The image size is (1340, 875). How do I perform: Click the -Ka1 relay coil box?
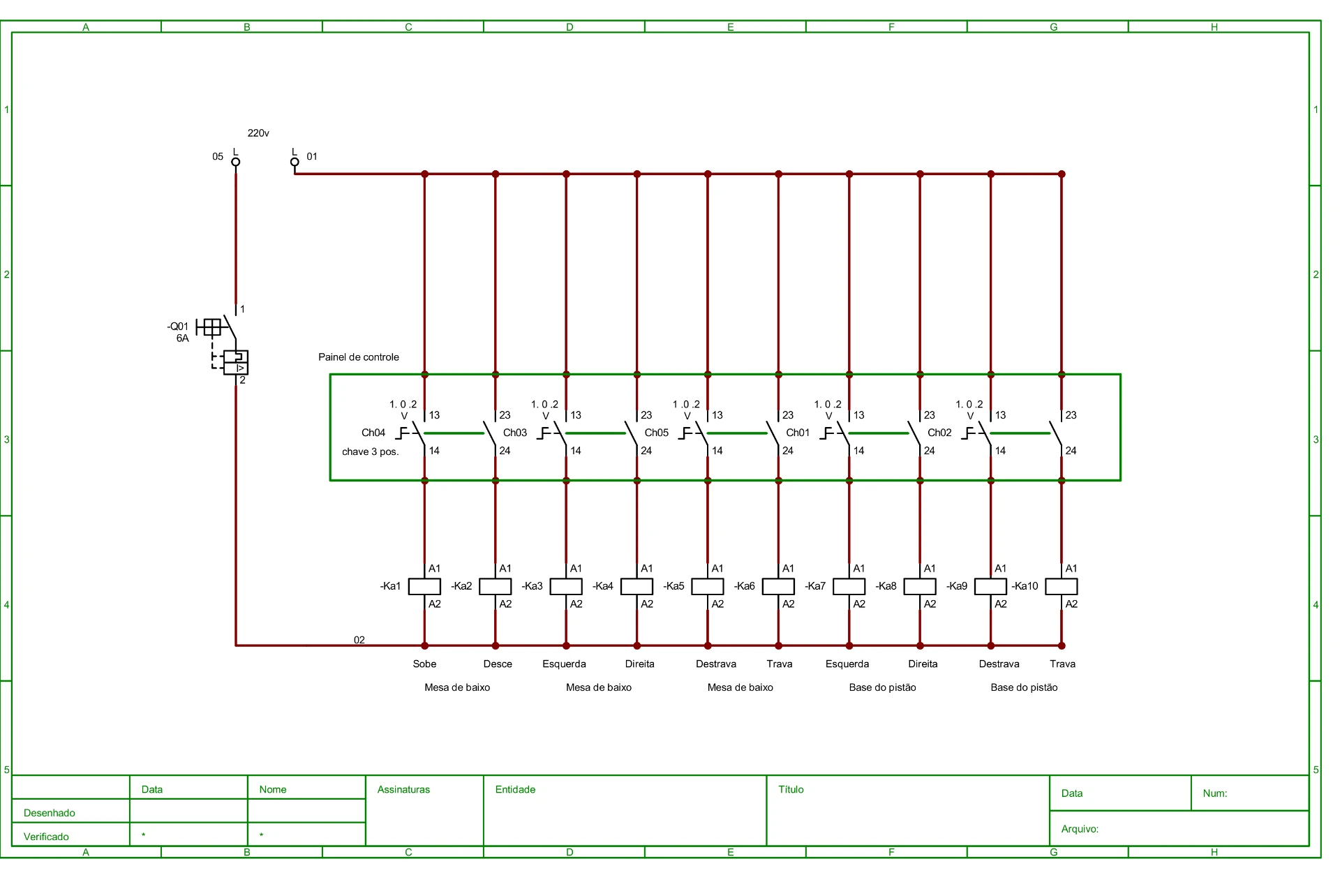(x=424, y=586)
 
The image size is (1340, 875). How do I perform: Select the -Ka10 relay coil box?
(x=1061, y=586)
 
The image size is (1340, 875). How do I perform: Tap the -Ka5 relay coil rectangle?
(x=708, y=586)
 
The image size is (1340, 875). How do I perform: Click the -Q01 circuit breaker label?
(x=177, y=327)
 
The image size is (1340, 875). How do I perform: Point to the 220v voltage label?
(x=258, y=133)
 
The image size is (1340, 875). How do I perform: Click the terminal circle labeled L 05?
(x=236, y=162)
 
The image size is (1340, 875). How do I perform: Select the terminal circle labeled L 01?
(x=295, y=162)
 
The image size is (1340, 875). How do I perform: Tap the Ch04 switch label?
(x=373, y=433)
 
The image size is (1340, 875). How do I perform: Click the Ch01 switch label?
(x=798, y=433)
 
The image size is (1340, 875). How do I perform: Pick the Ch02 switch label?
(x=939, y=433)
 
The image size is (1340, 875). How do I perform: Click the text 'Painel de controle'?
(x=359, y=357)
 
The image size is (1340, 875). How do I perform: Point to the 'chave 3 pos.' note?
(x=370, y=452)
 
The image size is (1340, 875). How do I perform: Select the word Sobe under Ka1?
(x=424, y=664)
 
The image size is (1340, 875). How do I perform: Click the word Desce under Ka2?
(x=498, y=664)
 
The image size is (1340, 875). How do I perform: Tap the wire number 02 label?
(x=359, y=640)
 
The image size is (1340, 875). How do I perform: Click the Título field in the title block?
(x=791, y=789)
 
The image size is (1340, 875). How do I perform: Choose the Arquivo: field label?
(x=1080, y=829)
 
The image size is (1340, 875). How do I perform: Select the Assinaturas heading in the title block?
(x=403, y=789)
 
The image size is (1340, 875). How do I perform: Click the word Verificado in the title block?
(x=46, y=837)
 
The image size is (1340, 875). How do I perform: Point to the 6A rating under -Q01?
(x=182, y=338)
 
